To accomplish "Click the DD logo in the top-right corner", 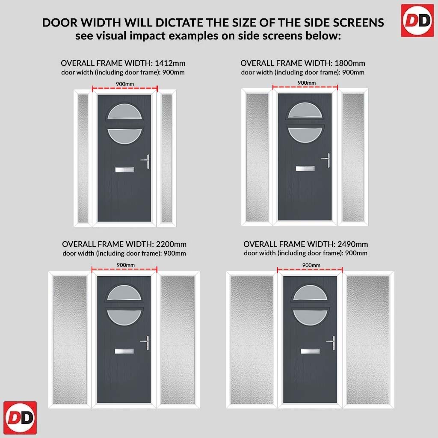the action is (x=417, y=21).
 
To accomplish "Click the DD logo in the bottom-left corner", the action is (x=20, y=418).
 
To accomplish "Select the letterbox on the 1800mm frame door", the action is (x=305, y=169).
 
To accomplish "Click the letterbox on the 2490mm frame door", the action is (x=311, y=351).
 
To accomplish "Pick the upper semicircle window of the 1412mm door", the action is (x=124, y=112).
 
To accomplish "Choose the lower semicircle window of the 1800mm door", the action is (x=305, y=135).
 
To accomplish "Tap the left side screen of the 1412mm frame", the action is (x=83, y=158).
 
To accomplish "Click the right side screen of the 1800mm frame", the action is (x=353, y=157).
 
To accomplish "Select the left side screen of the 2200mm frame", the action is (x=70, y=340).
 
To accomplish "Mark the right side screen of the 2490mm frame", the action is (x=367, y=340).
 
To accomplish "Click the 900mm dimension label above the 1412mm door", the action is (x=125, y=84).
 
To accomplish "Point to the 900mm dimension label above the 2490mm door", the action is (x=311, y=265).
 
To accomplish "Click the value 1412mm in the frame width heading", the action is (x=170, y=63).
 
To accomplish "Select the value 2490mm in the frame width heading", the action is (x=352, y=244).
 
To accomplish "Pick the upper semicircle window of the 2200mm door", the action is (x=124, y=293).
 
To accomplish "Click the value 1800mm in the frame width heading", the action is (x=350, y=63).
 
